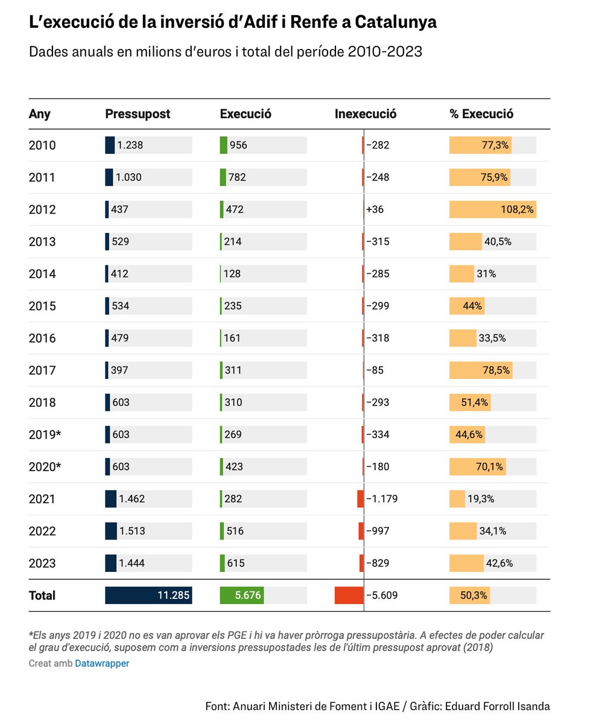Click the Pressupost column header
click(138, 113)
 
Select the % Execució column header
click(481, 113)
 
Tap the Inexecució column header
click(366, 113)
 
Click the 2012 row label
click(42, 209)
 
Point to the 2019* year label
click(45, 434)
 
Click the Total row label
click(42, 595)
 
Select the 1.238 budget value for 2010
click(130, 145)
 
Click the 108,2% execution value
click(517, 209)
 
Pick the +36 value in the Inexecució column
click(375, 209)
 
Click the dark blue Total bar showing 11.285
click(148, 595)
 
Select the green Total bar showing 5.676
click(241, 595)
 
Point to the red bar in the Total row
click(349, 595)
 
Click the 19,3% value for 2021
click(481, 499)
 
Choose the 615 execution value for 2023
click(235, 563)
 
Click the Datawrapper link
click(102, 664)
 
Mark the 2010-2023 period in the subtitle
click(384, 52)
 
